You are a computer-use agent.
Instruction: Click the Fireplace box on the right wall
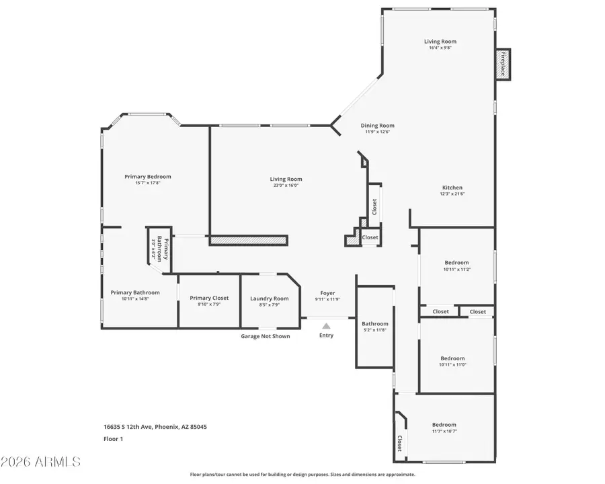pos(502,65)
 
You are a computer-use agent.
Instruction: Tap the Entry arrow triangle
pos(326,325)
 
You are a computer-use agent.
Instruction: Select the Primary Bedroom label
pos(148,177)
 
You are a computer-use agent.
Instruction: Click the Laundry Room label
pos(269,298)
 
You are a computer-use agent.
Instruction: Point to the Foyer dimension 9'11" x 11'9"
pos(327,300)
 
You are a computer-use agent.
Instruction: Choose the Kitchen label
pos(452,188)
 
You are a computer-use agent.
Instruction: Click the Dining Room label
pos(377,126)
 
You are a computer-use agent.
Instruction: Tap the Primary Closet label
pos(209,298)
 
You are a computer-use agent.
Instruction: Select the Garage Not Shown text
pos(266,336)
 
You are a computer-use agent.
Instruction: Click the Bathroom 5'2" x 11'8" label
pos(374,324)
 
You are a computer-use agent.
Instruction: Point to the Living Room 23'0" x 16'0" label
pos(286,179)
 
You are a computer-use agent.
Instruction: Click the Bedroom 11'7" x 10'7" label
pos(444,425)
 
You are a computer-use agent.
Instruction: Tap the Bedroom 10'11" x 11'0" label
pos(452,358)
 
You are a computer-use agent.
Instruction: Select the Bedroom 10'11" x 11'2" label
pos(456,263)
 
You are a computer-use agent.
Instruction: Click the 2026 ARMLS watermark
pos(41,462)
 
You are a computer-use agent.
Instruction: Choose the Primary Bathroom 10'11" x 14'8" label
pos(135,292)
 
